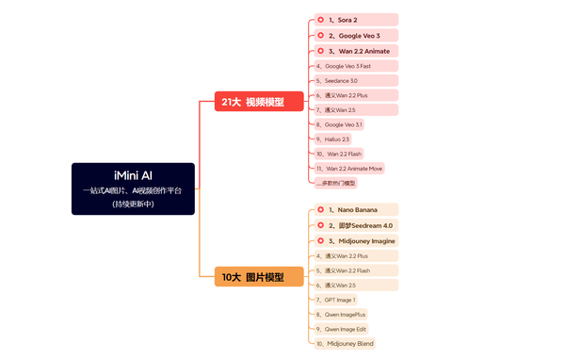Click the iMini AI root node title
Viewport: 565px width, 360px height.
pos(133,175)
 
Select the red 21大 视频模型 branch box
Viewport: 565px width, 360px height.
pos(250,102)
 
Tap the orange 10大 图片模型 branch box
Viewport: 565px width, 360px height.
pos(250,277)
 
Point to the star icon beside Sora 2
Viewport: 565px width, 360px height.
pos(320,20)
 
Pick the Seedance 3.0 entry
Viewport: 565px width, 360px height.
pos(342,81)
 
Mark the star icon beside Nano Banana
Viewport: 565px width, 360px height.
pos(320,209)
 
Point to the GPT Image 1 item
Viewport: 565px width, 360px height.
pos(340,300)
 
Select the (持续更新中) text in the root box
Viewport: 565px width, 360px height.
pos(133,205)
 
